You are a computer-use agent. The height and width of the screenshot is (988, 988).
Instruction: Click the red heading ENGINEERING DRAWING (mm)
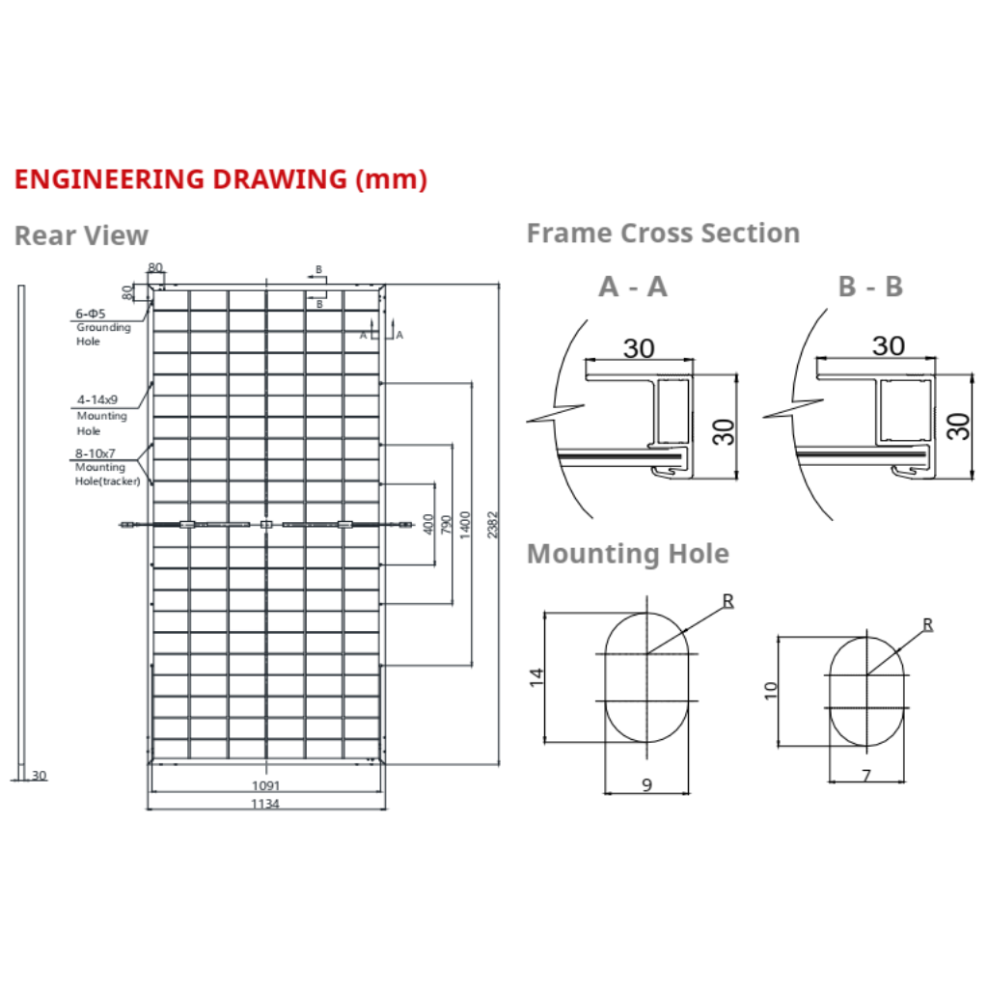click(220, 179)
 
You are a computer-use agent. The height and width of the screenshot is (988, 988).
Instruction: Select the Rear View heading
click(81, 235)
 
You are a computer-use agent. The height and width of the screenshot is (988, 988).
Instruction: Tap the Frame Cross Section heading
click(663, 233)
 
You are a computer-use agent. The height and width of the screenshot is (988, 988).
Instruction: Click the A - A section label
click(632, 287)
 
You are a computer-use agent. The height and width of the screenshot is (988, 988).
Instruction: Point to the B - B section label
click(869, 287)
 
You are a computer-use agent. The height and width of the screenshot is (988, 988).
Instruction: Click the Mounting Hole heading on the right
click(627, 554)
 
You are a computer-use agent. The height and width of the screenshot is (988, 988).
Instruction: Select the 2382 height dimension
click(494, 524)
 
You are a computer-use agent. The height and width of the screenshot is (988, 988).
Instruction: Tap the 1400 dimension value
click(466, 524)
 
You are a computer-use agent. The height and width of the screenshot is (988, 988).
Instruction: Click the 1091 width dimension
click(265, 785)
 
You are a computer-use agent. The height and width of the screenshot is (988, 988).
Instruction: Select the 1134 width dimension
click(265, 804)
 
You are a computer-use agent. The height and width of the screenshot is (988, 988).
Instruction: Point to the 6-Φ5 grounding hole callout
click(92, 315)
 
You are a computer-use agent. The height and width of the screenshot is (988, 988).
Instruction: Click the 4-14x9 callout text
click(97, 398)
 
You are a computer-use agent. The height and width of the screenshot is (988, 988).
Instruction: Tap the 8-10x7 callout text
click(97, 453)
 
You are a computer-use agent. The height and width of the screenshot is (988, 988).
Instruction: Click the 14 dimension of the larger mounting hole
click(537, 675)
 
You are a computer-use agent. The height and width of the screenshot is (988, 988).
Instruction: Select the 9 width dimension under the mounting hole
click(646, 785)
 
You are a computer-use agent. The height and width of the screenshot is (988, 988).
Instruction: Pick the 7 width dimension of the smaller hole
click(865, 775)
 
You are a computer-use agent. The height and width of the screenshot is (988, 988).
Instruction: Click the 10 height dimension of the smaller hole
click(769, 690)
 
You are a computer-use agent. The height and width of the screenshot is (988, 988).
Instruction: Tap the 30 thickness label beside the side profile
click(39, 775)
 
